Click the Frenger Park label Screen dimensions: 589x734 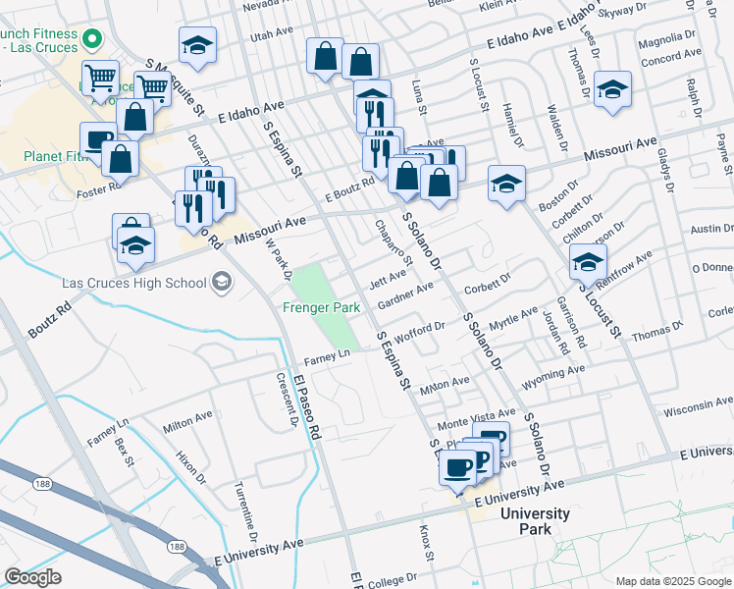click(x=322, y=307)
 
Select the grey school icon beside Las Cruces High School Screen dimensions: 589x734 click(x=222, y=283)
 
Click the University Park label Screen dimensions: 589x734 click(x=534, y=520)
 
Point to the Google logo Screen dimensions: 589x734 click(x=32, y=577)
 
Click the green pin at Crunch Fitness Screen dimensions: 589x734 click(x=93, y=40)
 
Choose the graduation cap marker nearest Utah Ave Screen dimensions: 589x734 click(x=198, y=45)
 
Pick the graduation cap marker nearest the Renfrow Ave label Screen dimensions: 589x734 click(x=588, y=262)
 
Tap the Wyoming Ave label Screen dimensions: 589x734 click(x=554, y=374)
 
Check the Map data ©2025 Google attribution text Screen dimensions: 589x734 click(x=672, y=581)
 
